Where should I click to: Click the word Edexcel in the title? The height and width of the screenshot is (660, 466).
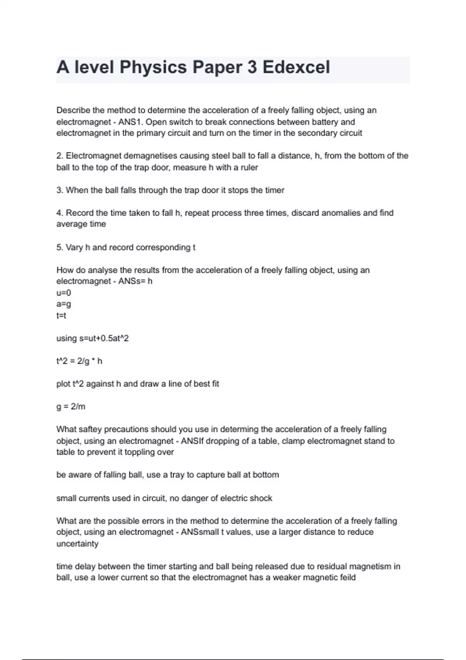[296, 67]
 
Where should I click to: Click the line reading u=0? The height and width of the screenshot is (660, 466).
[64, 293]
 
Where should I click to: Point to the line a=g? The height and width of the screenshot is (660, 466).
[64, 304]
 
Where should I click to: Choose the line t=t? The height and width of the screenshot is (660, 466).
[61, 316]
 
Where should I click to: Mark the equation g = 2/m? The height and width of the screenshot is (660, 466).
[71, 407]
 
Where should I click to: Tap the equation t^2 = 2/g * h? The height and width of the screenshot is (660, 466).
[79, 361]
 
